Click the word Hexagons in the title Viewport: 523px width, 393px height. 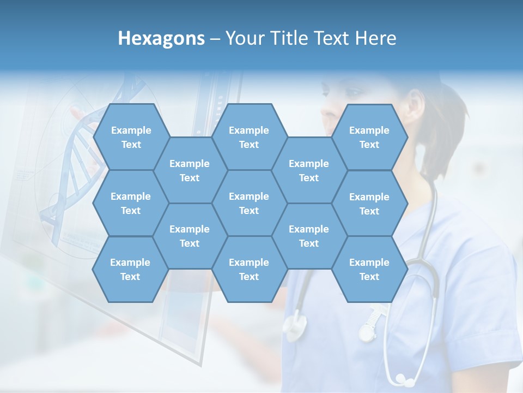161,38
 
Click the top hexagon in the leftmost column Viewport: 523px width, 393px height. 131,137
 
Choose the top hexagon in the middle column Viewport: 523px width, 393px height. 249,137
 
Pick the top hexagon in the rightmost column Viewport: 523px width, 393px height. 369,137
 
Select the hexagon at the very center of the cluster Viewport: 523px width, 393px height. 249,203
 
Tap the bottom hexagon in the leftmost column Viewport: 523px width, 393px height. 131,269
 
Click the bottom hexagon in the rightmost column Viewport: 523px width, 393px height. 369,269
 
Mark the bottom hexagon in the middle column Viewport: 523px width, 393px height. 249,269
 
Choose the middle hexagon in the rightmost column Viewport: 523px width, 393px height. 369,204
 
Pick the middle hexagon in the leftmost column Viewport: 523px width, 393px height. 131,203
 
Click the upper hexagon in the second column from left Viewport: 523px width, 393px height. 190,170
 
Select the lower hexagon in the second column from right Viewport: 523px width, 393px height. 309,236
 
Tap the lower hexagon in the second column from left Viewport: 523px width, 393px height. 190,236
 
